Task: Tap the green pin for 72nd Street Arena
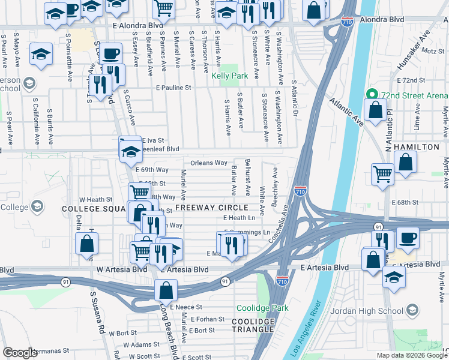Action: click(x=372, y=95)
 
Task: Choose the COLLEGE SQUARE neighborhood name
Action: click(x=92, y=209)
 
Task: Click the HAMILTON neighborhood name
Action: click(x=420, y=147)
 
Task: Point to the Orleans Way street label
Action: click(x=209, y=163)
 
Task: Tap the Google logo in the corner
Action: click(x=20, y=353)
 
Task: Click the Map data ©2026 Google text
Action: click(x=411, y=355)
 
